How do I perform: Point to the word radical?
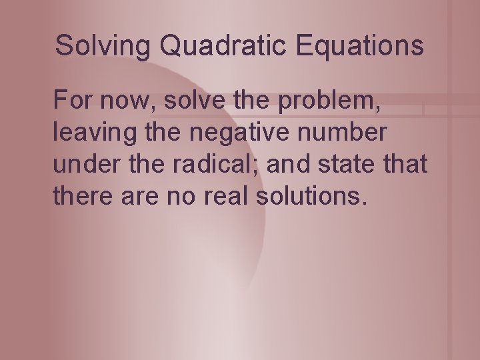196,164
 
